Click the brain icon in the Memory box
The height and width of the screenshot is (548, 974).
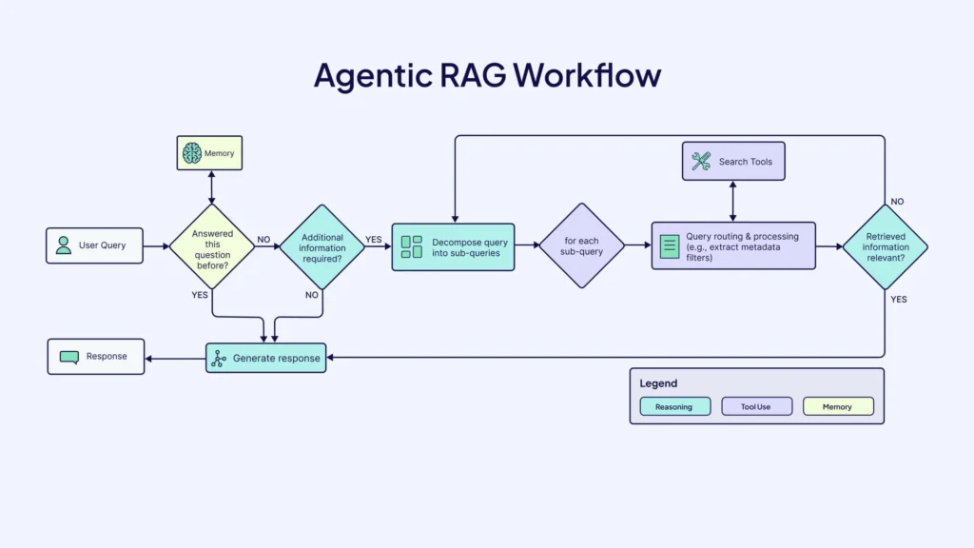click(x=192, y=153)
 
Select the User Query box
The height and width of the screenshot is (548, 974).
click(x=94, y=245)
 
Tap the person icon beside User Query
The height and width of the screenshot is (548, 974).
click(x=64, y=245)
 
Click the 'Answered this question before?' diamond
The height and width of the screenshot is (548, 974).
click(x=212, y=246)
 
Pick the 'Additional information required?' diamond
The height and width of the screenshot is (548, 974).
click(x=322, y=247)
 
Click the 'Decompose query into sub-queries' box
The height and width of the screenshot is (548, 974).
click(x=453, y=247)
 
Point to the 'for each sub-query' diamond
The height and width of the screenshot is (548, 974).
click(x=582, y=246)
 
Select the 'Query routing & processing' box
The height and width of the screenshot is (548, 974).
click(x=732, y=246)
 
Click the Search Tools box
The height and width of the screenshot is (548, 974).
click(x=732, y=162)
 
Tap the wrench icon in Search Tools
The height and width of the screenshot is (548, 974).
click(x=701, y=162)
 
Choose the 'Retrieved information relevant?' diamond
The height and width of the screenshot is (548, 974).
click(x=886, y=247)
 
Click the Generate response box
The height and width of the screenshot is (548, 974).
click(x=266, y=358)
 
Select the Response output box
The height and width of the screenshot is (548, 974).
click(x=96, y=357)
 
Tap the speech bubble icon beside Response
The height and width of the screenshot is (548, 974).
click(x=68, y=358)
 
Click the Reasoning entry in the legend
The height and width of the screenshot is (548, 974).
click(x=674, y=407)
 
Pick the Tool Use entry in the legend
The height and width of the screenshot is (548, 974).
click(x=756, y=407)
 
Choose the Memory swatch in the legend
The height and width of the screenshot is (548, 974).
click(x=838, y=407)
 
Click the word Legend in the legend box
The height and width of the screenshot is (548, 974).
click(x=658, y=383)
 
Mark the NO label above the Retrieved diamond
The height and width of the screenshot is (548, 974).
click(x=897, y=202)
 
